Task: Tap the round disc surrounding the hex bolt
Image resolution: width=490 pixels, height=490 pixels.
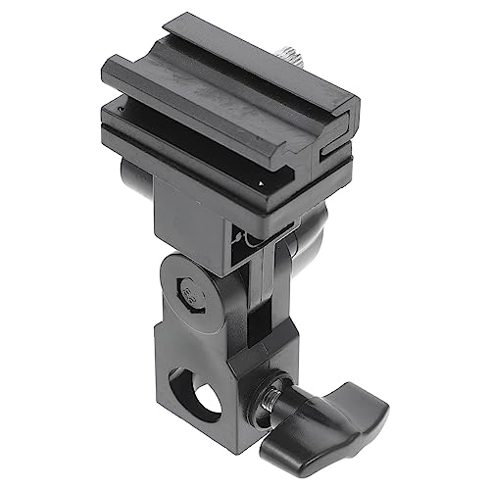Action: coord(186,291)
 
